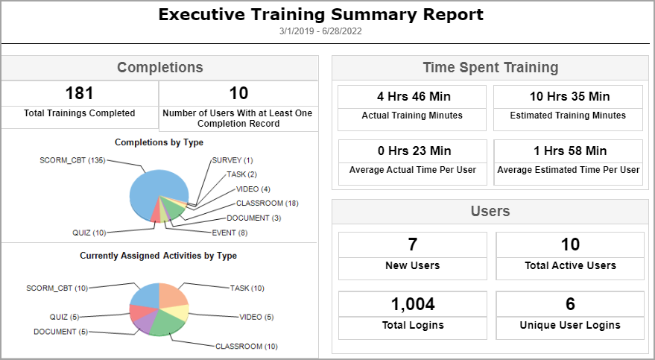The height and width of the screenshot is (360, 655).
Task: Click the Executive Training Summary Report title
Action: click(320, 14)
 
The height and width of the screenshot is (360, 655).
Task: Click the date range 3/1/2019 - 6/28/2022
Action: click(320, 31)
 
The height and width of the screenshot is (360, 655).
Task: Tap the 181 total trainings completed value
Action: click(80, 93)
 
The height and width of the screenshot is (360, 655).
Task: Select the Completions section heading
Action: click(159, 67)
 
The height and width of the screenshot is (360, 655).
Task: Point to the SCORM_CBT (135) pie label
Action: click(72, 160)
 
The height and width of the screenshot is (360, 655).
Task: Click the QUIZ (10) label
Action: click(89, 233)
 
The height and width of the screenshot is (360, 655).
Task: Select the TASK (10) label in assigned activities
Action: click(247, 288)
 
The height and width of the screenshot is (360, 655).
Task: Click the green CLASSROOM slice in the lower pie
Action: click(168, 326)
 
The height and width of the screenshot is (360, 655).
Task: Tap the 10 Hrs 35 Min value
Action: click(569, 96)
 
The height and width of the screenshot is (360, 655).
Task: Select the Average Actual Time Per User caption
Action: click(412, 170)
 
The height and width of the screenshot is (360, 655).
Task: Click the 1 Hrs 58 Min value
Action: click(569, 151)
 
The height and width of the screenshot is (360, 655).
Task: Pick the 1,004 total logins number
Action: click(412, 303)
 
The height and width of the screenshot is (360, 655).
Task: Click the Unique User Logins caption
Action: click(569, 325)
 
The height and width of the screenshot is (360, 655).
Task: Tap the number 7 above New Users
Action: click(412, 244)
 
